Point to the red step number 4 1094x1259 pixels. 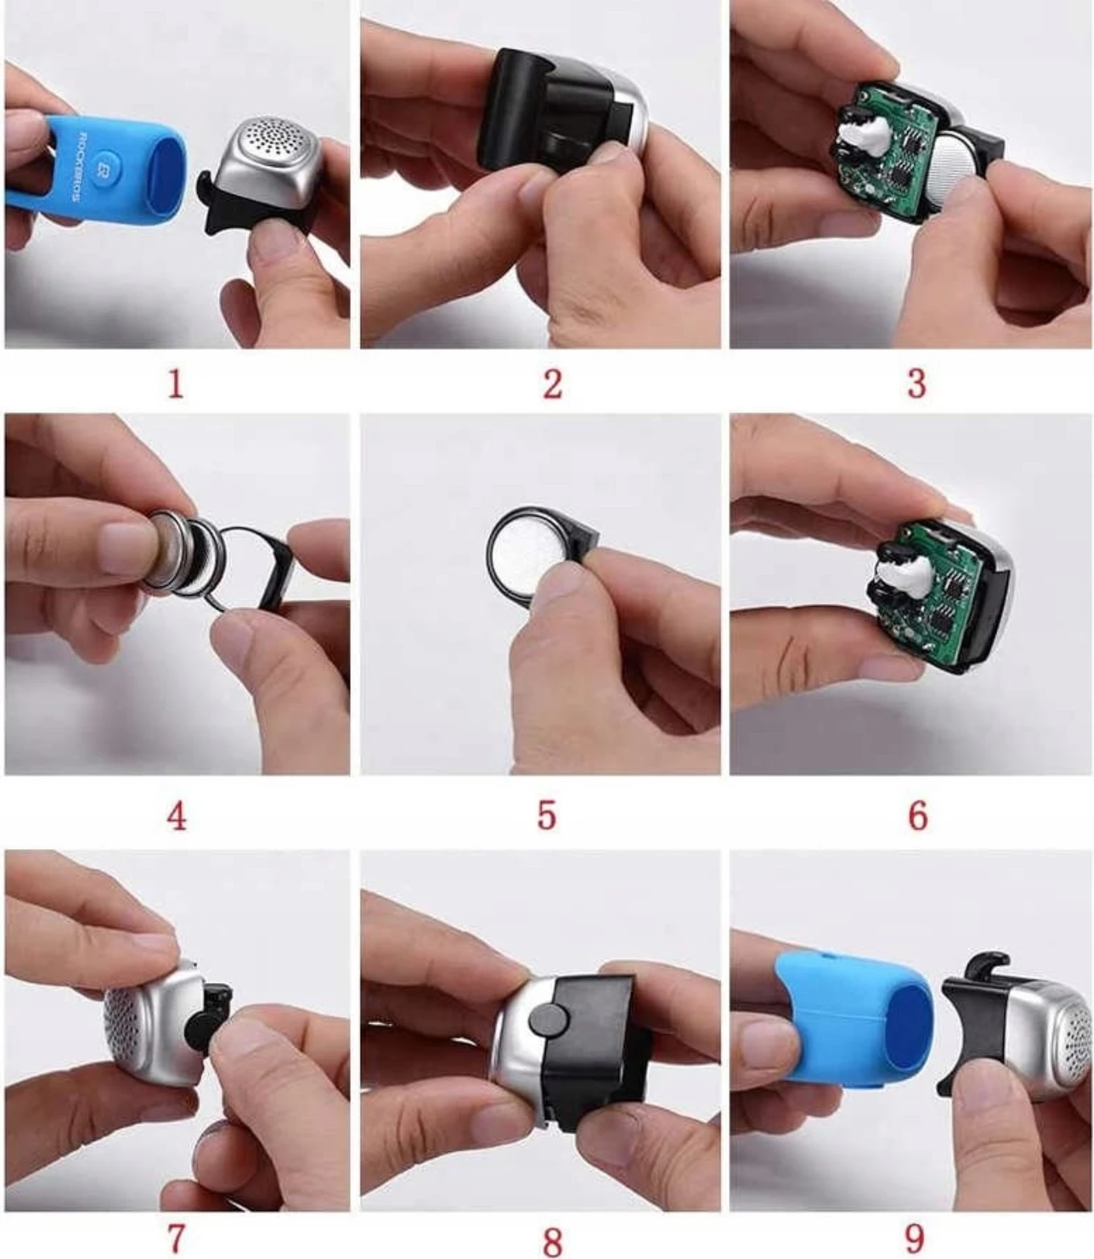(176, 817)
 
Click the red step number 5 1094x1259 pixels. (547, 817)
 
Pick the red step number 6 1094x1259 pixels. (917, 817)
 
